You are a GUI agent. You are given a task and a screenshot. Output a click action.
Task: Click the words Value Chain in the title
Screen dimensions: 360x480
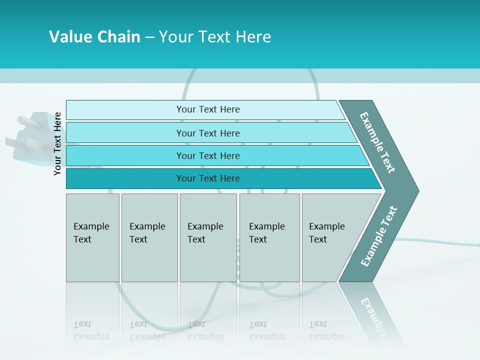94,37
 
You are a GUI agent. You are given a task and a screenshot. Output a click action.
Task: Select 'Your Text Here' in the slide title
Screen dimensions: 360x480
214,37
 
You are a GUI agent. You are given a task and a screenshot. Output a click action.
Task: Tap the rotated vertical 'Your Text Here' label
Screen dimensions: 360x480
57,143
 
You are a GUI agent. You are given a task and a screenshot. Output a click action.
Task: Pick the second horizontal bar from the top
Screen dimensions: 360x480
208,133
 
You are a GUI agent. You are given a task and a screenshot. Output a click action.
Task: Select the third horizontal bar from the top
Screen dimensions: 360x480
208,155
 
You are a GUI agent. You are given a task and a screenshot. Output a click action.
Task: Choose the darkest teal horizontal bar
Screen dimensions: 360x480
208,178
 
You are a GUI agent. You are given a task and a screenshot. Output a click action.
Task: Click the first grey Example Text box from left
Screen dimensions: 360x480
92,237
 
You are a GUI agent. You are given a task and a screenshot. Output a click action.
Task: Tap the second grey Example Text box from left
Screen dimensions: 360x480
149,237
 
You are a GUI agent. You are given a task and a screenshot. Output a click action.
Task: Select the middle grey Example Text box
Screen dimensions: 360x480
208,237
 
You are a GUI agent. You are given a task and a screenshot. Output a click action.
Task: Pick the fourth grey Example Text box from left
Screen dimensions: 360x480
269,237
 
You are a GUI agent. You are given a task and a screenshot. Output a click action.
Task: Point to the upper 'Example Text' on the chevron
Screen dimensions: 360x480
377,142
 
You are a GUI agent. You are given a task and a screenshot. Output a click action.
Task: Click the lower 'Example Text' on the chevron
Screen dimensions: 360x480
379,236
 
